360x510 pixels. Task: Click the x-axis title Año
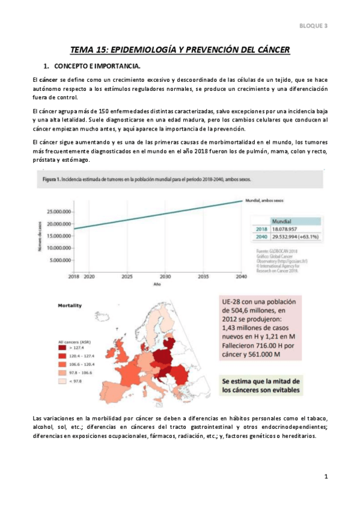156,284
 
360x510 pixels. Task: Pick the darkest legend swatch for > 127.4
63,347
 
